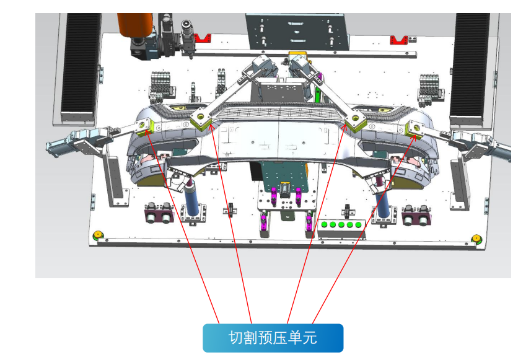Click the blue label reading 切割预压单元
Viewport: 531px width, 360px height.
click(x=273, y=338)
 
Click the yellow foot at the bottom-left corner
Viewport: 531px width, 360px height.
click(x=97, y=235)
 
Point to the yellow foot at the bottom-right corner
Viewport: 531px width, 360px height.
click(x=476, y=239)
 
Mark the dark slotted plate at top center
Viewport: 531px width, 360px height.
click(x=296, y=31)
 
